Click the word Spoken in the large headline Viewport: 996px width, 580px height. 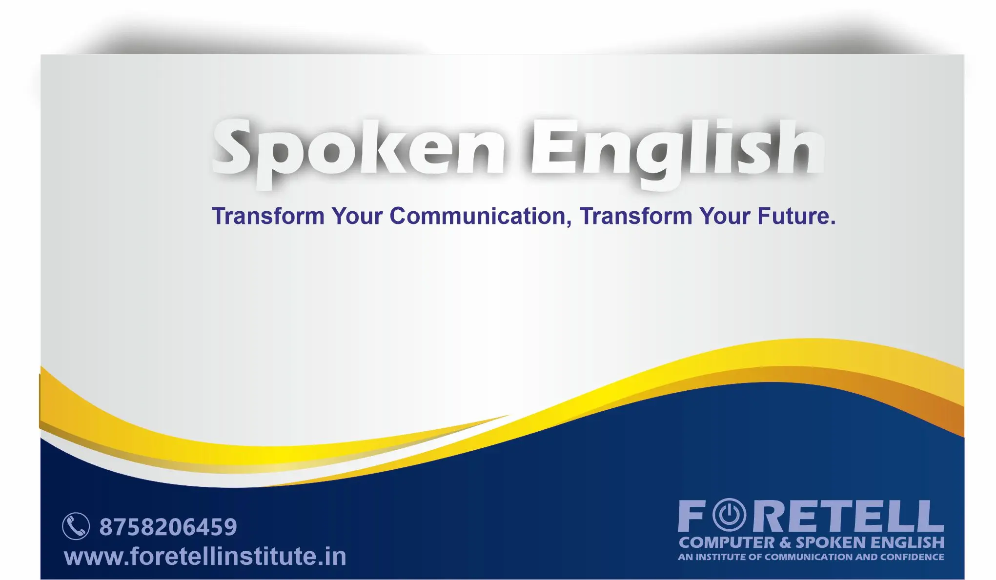pos(359,152)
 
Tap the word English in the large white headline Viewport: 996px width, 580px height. pos(677,152)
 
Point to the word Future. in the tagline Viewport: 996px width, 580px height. pos(796,216)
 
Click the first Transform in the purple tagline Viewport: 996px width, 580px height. pos(268,216)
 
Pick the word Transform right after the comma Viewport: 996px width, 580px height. pos(636,216)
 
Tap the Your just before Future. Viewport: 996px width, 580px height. pos(725,216)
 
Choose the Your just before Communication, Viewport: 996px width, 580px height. pos(357,216)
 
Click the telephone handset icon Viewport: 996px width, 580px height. pos(76,526)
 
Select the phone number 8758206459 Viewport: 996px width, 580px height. pos(168,527)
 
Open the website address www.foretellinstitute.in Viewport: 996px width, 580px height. pos(205,556)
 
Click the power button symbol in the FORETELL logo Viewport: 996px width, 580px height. pos(730,515)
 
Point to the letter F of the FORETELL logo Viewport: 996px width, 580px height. pos(692,516)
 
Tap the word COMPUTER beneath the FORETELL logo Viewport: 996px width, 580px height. pos(727,542)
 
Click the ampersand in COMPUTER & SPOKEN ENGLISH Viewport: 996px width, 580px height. pos(785,542)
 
